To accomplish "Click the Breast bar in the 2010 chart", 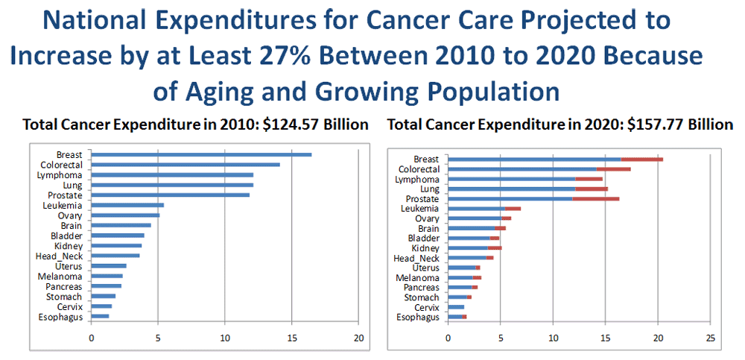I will (x=201, y=154).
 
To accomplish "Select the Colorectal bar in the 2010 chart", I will (x=186, y=164).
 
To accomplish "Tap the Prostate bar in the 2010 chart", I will (x=171, y=195).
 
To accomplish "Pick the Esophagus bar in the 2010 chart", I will (x=100, y=316).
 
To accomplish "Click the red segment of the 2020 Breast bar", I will (x=641, y=159).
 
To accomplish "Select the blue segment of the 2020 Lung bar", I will (x=511, y=189).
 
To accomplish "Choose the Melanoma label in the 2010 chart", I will (x=63, y=276).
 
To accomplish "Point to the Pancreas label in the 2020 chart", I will (x=421, y=287).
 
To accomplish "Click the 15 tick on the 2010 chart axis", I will (x=292, y=338).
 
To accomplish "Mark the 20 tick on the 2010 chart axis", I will (x=358, y=338).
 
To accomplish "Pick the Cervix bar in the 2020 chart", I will (x=456, y=307).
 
